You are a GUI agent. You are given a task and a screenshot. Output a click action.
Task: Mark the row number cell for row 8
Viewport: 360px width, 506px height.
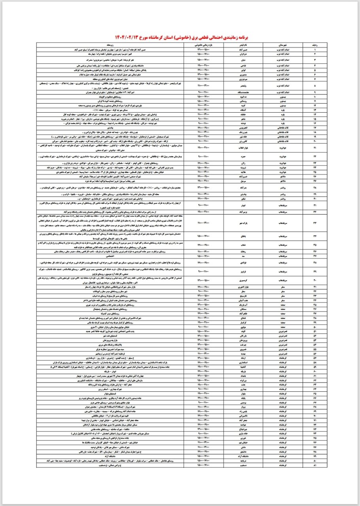315,85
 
